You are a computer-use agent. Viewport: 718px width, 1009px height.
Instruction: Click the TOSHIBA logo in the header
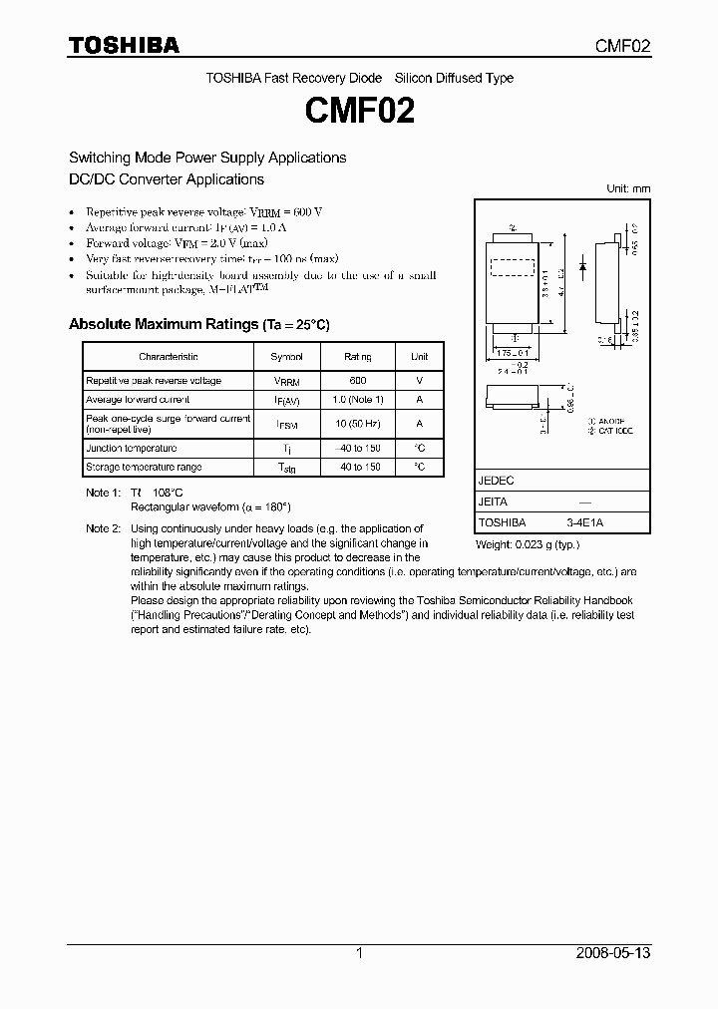[124, 46]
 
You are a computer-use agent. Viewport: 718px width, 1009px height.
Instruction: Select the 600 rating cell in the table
[357, 381]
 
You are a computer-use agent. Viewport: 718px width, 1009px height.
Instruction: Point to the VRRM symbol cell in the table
[286, 381]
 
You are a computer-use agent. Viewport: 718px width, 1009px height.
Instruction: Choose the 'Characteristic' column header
[169, 357]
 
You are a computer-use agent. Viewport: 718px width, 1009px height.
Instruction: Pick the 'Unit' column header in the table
[419, 357]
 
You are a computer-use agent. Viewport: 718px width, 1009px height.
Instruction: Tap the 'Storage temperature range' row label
[144, 467]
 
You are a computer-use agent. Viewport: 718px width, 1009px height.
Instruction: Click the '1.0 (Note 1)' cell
[357, 400]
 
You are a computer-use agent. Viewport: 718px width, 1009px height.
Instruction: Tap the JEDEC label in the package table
[497, 481]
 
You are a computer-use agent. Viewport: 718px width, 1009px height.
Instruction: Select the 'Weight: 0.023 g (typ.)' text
[527, 544]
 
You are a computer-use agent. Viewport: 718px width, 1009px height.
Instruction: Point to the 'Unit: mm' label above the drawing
[628, 188]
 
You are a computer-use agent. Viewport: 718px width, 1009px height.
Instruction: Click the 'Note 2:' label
[103, 527]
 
